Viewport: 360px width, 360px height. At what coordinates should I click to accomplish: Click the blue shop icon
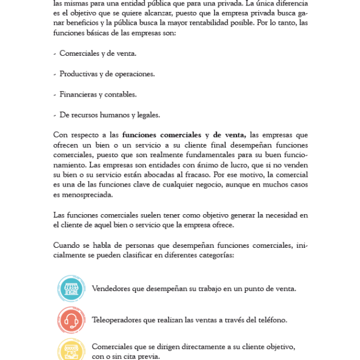point(71,289)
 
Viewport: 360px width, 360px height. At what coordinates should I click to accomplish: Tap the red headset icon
point(71,320)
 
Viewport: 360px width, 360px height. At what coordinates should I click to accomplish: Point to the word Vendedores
point(112,289)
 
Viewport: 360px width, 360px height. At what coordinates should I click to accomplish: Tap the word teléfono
point(272,320)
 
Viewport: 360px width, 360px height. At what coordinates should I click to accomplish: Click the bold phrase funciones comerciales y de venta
point(184,135)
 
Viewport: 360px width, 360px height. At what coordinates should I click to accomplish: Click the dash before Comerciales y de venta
point(55,53)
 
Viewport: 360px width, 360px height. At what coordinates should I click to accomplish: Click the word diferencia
point(289,2)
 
